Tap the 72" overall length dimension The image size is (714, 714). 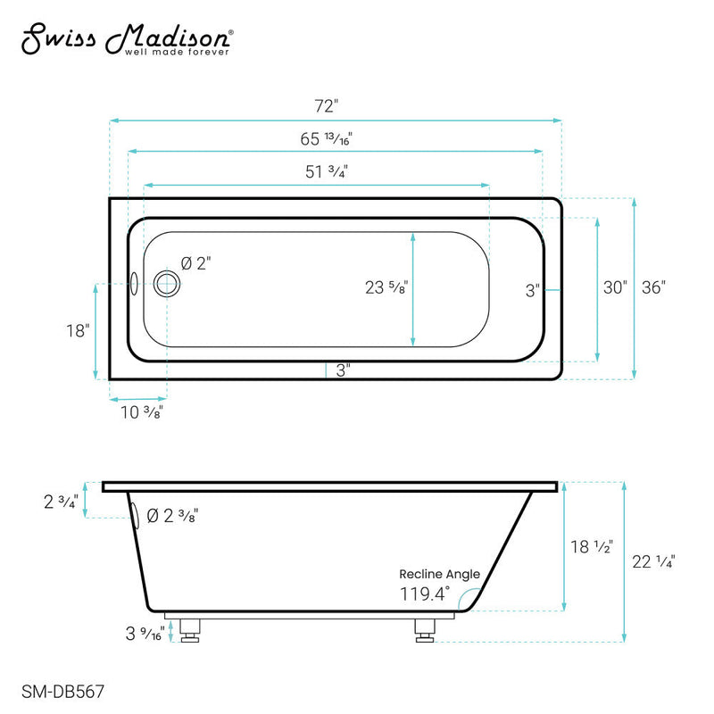(328, 106)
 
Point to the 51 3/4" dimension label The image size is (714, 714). (327, 172)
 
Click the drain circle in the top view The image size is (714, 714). (166, 285)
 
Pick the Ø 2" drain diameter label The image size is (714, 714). (196, 263)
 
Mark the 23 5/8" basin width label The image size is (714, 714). (386, 287)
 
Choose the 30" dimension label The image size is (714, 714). (615, 287)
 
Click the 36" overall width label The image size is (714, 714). (653, 287)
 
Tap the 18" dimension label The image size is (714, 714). (79, 330)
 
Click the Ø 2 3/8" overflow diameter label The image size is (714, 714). (171, 515)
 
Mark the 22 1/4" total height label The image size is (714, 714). (654, 561)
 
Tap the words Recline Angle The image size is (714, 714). (439, 574)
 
